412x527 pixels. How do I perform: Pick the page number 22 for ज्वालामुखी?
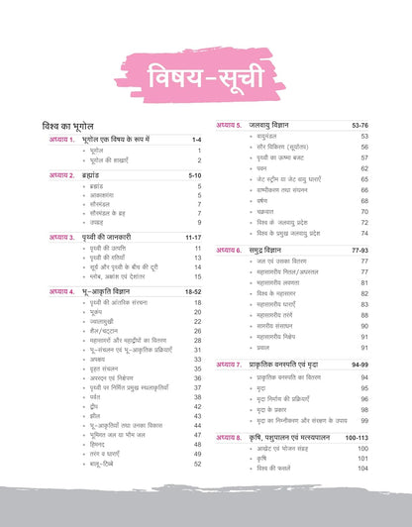click(x=197, y=320)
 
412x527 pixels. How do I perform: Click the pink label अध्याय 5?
click(x=229, y=126)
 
